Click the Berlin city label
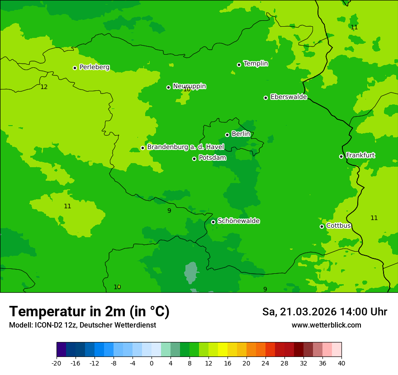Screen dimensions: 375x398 point(241,134)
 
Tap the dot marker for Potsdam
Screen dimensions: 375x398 point(194,159)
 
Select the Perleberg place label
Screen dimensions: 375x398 point(95,67)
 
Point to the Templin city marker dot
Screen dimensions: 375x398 point(239,65)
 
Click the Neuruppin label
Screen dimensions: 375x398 point(190,86)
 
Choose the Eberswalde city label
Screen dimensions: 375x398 point(289,97)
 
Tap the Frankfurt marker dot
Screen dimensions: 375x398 point(341,156)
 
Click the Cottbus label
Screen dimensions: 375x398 point(339,225)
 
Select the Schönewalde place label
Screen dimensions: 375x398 point(238,221)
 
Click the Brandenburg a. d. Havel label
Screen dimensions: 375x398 point(185,147)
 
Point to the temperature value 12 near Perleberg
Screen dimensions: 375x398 point(44,87)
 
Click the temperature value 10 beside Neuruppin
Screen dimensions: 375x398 point(187,90)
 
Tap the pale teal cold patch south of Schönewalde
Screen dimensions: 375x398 point(192,273)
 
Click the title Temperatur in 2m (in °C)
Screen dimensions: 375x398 point(89,311)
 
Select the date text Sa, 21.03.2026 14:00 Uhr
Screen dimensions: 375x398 point(324,312)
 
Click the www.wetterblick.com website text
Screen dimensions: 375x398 point(326,325)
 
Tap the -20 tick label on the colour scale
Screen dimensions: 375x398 point(57,363)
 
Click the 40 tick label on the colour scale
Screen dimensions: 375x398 point(341,363)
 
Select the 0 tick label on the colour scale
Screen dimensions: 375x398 point(152,363)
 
